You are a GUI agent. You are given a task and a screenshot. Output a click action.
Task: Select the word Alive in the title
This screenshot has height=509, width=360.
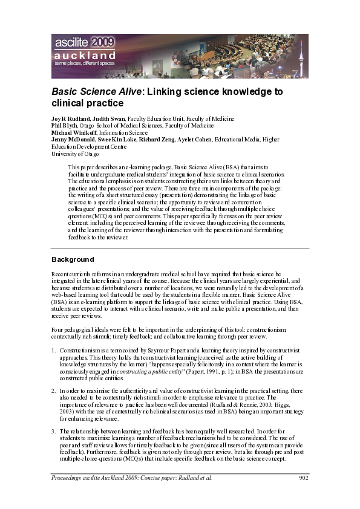126,92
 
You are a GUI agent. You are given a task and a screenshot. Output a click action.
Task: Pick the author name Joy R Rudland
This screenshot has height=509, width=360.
72,119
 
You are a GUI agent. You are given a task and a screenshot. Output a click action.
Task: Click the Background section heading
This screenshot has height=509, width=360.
73,259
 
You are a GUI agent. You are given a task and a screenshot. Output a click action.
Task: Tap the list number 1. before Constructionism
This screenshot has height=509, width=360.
53,351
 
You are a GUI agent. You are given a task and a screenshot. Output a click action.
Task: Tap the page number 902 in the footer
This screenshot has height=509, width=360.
304,479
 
